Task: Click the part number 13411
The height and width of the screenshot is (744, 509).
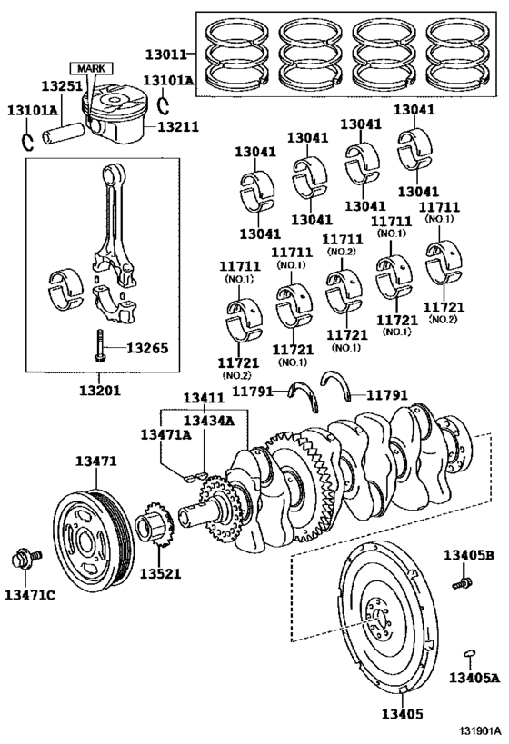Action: [203, 398]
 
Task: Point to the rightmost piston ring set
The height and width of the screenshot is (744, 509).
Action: [459, 57]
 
